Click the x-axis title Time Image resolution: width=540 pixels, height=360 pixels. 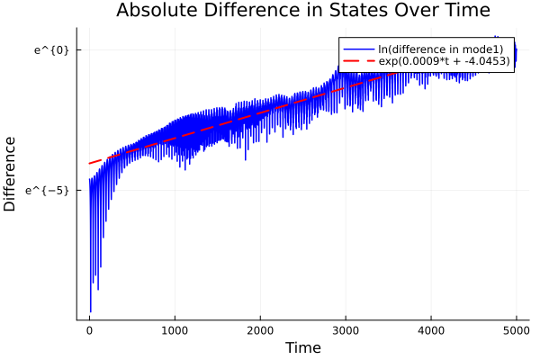pos(302,347)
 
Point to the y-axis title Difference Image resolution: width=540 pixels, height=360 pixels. pos(11,174)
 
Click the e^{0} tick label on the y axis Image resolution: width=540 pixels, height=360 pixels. pos(51,49)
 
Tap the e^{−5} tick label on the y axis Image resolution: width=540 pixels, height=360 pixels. pos(49,190)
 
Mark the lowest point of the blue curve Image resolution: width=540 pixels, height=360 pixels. pos(90,311)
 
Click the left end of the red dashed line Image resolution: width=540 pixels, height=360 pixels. pos(89,164)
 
